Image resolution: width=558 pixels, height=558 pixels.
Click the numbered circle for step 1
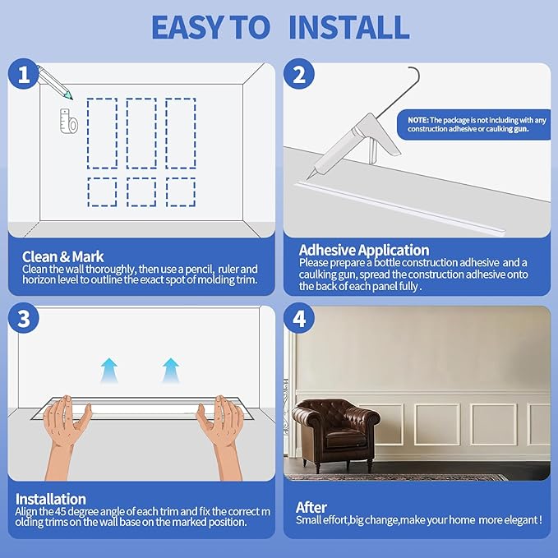pos(24,75)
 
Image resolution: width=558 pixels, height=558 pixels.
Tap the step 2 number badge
pos(299,75)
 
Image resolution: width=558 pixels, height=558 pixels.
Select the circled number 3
pos(24,318)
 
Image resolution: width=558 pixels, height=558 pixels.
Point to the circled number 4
pos(299,318)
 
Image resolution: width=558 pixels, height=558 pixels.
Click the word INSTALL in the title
pos(349,27)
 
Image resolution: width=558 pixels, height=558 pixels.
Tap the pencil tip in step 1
pos(71,99)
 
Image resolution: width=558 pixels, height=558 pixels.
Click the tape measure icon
pos(69,121)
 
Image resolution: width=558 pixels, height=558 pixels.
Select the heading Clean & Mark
pos(62,256)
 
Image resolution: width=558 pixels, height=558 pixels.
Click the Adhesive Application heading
pos(364,250)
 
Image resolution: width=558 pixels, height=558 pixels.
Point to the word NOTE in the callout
pos(417,120)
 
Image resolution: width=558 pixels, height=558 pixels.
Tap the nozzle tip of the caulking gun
pos(307,178)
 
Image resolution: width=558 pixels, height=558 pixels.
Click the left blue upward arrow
pos(109,370)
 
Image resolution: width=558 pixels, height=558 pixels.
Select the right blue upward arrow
pos(170,370)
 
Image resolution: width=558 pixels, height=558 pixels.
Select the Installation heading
pos(51,499)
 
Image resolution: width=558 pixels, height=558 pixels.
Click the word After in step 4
pos(311,508)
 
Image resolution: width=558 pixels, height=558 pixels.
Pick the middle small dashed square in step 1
pos(141,192)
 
